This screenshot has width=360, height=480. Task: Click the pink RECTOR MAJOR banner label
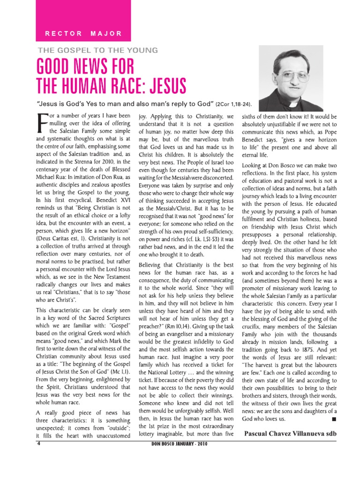click(x=83, y=34)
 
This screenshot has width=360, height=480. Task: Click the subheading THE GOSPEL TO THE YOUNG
click(x=97, y=50)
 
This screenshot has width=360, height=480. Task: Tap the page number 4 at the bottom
click(x=39, y=443)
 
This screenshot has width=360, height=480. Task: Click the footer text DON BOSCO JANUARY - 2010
click(x=181, y=444)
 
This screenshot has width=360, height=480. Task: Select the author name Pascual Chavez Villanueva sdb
click(x=290, y=433)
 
